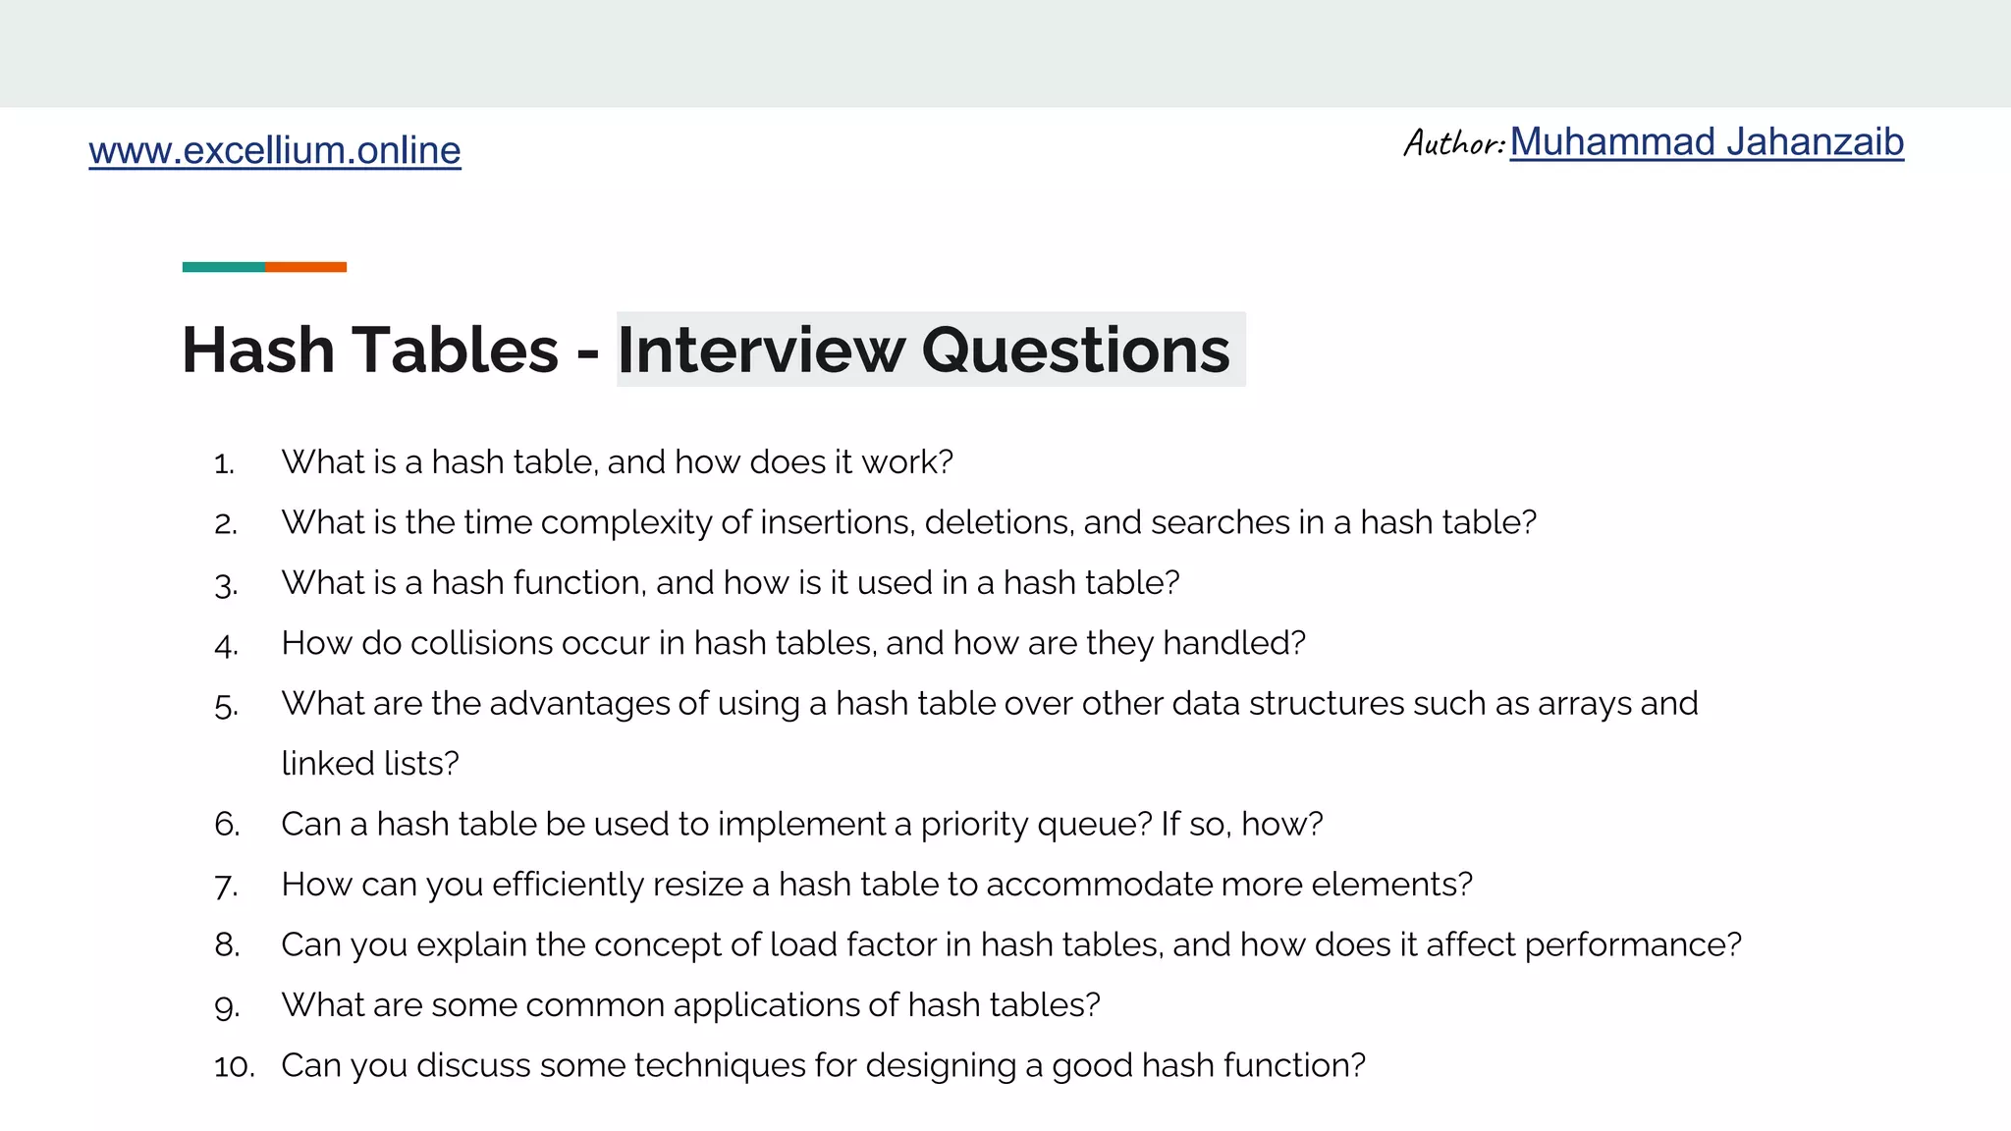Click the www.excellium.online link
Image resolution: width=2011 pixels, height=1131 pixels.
click(x=275, y=150)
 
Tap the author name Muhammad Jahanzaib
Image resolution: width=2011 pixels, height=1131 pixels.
click(x=1707, y=142)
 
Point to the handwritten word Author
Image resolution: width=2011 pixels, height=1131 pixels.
click(x=1453, y=143)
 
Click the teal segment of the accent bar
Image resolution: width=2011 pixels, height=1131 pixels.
click(x=224, y=267)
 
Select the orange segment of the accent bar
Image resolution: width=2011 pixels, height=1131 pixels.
click(x=305, y=267)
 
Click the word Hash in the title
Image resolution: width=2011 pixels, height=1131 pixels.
click(x=258, y=350)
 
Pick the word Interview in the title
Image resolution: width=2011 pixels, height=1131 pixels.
click(x=760, y=350)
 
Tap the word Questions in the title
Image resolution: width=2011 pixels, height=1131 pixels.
click(x=1075, y=350)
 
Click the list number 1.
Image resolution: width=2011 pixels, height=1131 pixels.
click(x=224, y=463)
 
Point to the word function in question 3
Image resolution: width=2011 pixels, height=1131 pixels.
click(x=579, y=582)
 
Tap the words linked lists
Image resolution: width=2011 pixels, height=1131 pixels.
click(x=370, y=764)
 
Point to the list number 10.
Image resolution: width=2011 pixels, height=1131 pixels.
click(x=235, y=1066)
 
